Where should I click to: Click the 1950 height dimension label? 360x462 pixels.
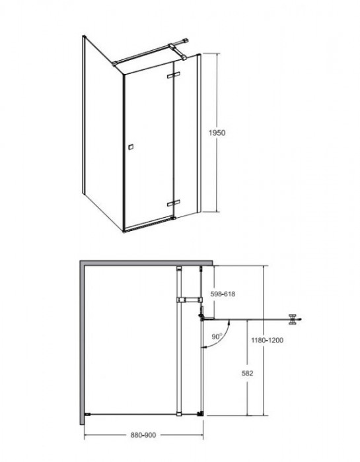[217, 133]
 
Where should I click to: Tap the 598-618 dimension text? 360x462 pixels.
[223, 294]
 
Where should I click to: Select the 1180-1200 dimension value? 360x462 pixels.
[267, 340]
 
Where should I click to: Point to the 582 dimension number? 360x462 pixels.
[247, 374]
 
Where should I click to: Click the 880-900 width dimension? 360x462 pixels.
[143, 435]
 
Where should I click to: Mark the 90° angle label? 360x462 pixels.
[217, 336]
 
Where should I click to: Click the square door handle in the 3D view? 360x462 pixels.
[131, 147]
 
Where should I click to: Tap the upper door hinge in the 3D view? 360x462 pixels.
[173, 75]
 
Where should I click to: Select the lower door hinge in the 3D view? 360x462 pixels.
[173, 203]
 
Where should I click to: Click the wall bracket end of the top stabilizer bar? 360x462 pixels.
[185, 41]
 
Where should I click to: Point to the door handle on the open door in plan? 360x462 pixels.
[293, 319]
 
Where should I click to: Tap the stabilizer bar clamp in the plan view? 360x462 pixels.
[190, 300]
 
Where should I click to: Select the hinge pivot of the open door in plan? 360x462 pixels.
[201, 317]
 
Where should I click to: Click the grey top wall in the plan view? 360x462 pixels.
[146, 263]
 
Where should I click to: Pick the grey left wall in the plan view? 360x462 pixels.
[83, 343]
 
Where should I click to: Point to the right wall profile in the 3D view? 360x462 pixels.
[199, 133]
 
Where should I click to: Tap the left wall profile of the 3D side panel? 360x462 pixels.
[84, 115]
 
